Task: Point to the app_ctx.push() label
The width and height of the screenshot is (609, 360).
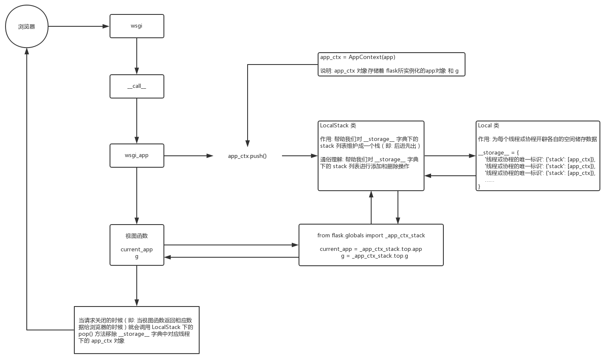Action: coord(247,156)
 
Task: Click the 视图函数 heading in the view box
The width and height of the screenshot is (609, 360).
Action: coord(136,236)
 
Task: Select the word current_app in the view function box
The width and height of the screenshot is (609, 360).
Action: coord(136,250)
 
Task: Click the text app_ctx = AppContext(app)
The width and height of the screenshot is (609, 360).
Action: coord(358,57)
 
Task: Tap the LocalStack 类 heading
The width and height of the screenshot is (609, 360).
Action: coord(338,126)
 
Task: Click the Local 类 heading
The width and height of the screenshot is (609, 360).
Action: coord(488,126)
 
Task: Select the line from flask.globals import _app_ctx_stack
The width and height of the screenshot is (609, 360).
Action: coord(371,236)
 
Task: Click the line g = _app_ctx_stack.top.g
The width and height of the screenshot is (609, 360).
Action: coord(375,256)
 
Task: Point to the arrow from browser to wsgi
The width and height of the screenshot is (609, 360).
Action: coord(79,26)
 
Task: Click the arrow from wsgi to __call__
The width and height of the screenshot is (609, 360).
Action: coord(137,56)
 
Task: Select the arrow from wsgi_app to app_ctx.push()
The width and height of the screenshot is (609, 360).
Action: coord(189,156)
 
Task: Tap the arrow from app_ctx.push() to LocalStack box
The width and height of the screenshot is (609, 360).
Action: coord(300,156)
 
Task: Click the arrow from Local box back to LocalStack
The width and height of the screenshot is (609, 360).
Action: coord(450,176)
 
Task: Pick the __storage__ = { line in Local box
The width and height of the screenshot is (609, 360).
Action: coord(498,153)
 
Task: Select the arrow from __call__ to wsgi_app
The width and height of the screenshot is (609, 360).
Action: coord(137,121)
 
